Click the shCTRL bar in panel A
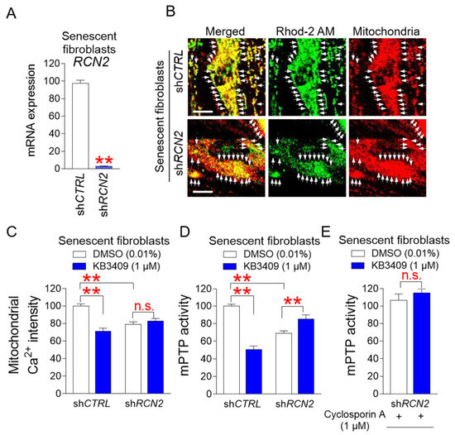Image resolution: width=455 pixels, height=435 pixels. click(x=81, y=126)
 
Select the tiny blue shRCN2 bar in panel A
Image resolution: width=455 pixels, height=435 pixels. click(x=104, y=167)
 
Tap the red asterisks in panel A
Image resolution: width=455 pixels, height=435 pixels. click(x=104, y=160)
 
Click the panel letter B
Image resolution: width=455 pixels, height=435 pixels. click(x=170, y=12)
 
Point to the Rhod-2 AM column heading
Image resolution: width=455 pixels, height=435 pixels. click(x=305, y=31)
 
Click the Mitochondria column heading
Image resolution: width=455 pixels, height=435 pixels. click(x=386, y=31)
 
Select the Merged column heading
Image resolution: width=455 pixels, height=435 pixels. click(x=225, y=31)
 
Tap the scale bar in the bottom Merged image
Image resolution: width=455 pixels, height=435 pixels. click(x=203, y=192)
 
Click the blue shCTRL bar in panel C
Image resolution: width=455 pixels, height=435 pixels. click(x=103, y=362)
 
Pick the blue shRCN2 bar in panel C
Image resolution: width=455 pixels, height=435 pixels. click(x=156, y=357)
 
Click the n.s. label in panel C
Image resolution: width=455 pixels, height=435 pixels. click(x=144, y=307)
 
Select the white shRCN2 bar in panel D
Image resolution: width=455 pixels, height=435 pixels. click(x=284, y=363)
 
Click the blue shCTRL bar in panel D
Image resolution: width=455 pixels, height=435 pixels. click(x=254, y=371)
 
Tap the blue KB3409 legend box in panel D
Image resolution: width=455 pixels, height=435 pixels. click(x=230, y=266)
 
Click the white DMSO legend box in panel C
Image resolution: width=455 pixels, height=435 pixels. click(x=79, y=254)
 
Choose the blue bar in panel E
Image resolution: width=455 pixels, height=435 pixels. click(x=422, y=343)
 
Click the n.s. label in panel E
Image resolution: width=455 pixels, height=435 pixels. click(x=411, y=275)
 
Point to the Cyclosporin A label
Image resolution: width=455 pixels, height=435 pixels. click(x=355, y=414)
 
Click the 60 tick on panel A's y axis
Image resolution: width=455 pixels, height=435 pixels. click(x=55, y=116)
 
